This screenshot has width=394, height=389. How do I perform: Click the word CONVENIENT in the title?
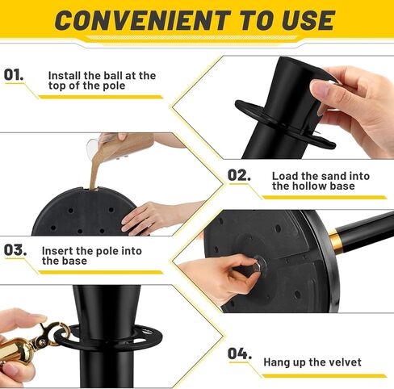(143, 20)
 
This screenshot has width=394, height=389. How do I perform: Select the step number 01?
(14, 74)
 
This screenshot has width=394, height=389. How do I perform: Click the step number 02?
(239, 175)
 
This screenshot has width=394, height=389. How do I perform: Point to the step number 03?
(15, 250)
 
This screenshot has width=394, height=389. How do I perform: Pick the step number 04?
(240, 353)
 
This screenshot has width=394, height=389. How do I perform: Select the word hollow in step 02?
(309, 186)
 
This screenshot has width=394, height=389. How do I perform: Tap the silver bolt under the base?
(258, 266)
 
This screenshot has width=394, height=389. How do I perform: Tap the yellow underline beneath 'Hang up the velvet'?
(325, 375)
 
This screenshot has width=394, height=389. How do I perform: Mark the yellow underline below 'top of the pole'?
(100, 97)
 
